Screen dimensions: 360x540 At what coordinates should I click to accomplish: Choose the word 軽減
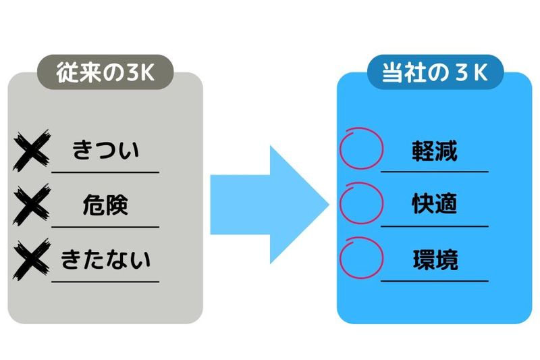coord(435,151)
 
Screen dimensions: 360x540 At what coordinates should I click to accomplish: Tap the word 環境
coord(435,259)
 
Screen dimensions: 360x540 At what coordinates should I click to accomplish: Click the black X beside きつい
coord(31,151)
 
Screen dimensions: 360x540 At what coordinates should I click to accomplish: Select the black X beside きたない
coord(31,259)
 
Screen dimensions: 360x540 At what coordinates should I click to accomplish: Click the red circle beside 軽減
coord(360,148)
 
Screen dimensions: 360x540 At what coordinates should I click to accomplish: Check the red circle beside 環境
coord(360,257)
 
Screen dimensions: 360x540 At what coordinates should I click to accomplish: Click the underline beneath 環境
coord(435,280)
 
